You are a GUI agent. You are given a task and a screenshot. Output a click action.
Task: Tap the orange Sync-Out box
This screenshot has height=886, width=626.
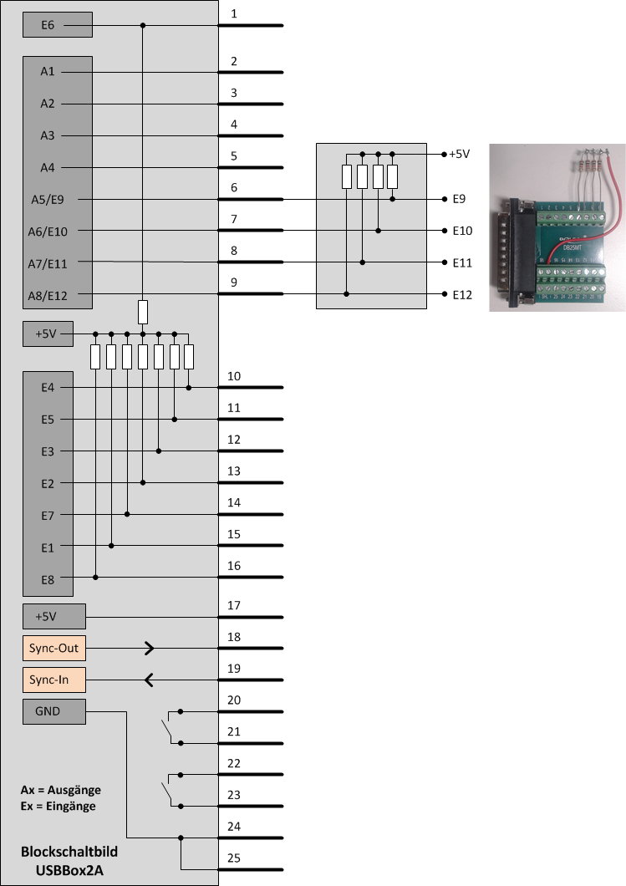click(x=54, y=648)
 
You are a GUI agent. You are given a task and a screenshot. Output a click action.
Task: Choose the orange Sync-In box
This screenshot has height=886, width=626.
click(x=54, y=680)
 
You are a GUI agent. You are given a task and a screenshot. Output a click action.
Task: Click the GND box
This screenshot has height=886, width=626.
click(x=54, y=712)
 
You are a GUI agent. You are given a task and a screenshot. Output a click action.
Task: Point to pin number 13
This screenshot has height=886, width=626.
click(x=234, y=471)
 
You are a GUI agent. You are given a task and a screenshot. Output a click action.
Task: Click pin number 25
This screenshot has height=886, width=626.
click(x=234, y=858)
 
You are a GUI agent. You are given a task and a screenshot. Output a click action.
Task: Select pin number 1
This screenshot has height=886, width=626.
click(x=234, y=14)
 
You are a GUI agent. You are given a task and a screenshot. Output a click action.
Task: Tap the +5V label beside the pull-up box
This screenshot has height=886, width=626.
click(x=459, y=155)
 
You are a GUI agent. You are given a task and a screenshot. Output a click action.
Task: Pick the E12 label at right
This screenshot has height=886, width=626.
click(x=462, y=295)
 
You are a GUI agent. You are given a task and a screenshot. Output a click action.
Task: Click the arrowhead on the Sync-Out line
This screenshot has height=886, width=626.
click(x=149, y=648)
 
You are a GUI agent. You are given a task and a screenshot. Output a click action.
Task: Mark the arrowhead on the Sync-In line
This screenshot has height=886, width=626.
click(x=149, y=680)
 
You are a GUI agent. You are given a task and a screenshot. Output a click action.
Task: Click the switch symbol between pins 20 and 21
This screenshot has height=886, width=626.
click(x=170, y=727)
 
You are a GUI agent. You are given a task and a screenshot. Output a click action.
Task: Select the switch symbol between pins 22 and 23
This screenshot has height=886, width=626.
click(x=170, y=790)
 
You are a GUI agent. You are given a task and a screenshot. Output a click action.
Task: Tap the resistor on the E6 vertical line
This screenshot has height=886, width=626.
click(x=143, y=313)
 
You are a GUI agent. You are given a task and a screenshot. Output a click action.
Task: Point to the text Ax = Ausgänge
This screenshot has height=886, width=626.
click(x=60, y=790)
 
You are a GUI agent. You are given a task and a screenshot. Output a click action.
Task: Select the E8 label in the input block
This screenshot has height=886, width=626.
click(x=47, y=578)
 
